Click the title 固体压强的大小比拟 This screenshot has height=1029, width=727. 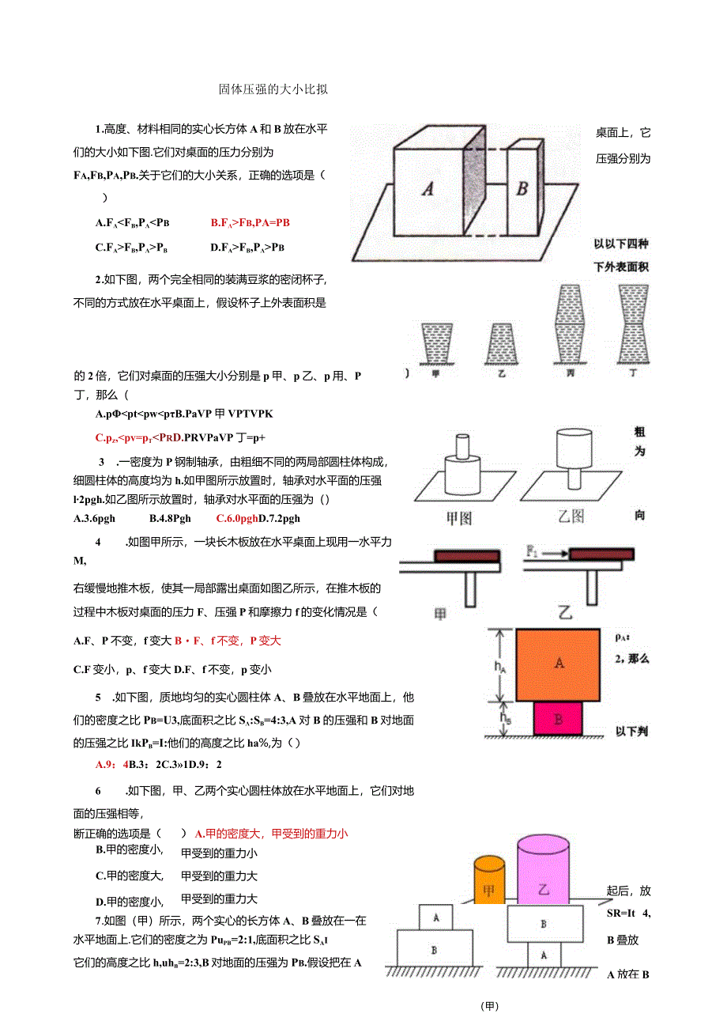click(x=273, y=90)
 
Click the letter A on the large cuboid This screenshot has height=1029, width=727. click(x=428, y=188)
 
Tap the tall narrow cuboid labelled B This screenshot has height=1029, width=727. click(x=522, y=188)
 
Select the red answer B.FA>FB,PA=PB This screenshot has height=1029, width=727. click(x=250, y=223)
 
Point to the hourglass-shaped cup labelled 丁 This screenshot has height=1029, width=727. click(x=632, y=323)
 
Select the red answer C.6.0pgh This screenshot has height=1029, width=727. click(x=237, y=518)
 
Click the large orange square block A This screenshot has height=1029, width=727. click(x=559, y=664)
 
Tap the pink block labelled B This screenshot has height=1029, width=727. click(x=559, y=719)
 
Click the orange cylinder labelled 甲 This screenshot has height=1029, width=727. click(x=488, y=880)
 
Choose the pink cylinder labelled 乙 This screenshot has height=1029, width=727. click(x=543, y=870)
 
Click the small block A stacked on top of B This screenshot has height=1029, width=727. click(x=436, y=917)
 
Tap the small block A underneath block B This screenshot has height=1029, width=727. click(x=544, y=955)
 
